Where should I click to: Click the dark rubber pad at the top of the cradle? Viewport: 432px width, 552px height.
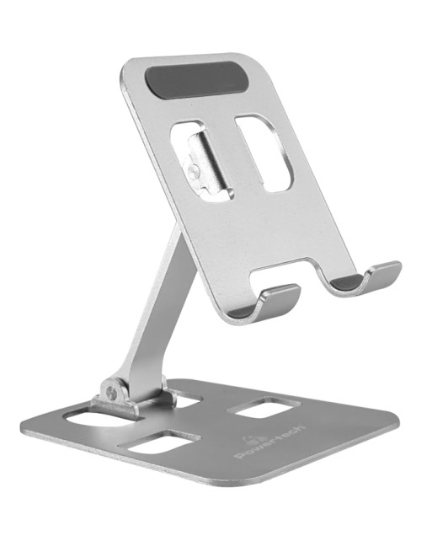[x=196, y=80]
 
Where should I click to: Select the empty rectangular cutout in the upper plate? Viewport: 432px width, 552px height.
[x=264, y=153]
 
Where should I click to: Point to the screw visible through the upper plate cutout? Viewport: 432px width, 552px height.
[x=193, y=171]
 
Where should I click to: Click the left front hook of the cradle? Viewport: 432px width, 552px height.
[x=271, y=303]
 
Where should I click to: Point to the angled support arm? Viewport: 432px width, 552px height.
[x=155, y=310]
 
